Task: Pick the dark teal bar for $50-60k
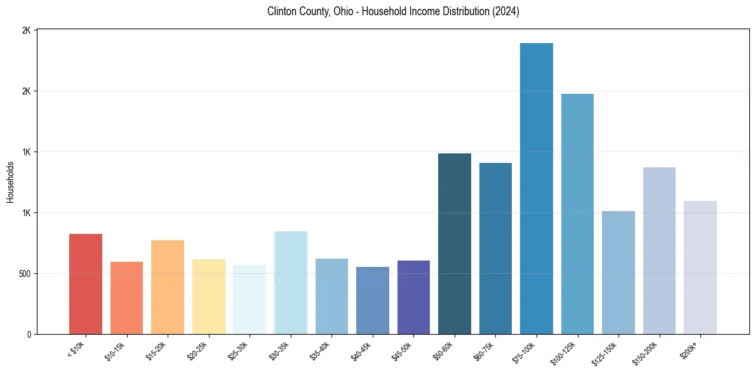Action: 455,243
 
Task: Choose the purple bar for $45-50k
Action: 413,297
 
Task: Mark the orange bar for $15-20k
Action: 168,287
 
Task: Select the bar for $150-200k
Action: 659,250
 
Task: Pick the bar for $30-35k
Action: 291,283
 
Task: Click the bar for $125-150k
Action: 618,273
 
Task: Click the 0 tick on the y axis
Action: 29,334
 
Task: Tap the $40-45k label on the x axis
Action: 361,350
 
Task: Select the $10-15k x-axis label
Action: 116,350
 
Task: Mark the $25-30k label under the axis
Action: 239,350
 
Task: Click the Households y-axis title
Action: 10,182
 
